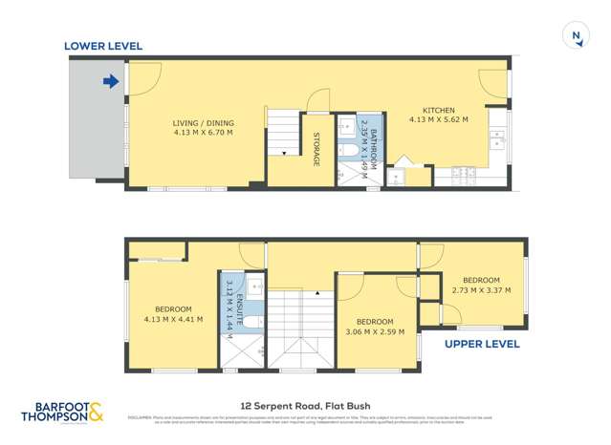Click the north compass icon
click(x=576, y=36)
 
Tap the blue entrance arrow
click(x=111, y=81)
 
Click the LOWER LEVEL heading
click(x=102, y=45)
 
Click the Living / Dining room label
click(x=203, y=123)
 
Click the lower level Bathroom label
click(x=375, y=143)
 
